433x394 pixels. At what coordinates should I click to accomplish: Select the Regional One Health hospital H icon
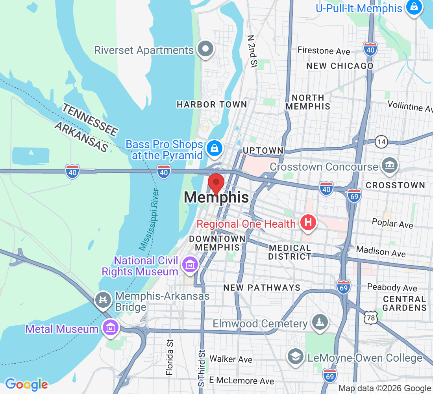pyautogui.click(x=308, y=223)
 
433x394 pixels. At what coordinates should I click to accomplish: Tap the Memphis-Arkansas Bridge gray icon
pyautogui.click(x=103, y=300)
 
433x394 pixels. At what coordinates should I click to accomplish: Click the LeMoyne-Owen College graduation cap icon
pyautogui.click(x=295, y=357)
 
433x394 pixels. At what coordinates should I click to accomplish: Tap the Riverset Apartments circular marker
pyautogui.click(x=205, y=49)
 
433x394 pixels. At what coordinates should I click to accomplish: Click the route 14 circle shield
pyautogui.click(x=381, y=142)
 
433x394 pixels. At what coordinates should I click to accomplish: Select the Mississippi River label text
pyautogui.click(x=149, y=219)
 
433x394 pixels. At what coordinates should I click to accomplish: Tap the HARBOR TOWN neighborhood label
pyautogui.click(x=212, y=104)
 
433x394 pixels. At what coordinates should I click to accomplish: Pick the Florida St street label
pyautogui.click(x=170, y=357)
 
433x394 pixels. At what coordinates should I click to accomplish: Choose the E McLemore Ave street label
pyautogui.click(x=241, y=381)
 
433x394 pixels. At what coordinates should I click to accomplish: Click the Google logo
pyautogui.click(x=26, y=384)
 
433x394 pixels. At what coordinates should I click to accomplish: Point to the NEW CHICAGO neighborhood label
pyautogui.click(x=340, y=66)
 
